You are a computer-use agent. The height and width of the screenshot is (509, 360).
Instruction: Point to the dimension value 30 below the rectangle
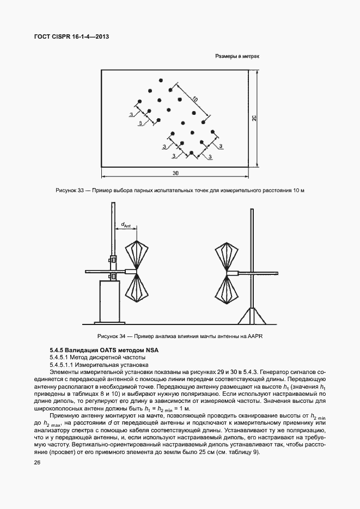coord(175,173)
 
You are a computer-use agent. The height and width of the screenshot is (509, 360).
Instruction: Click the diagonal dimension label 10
coord(194,99)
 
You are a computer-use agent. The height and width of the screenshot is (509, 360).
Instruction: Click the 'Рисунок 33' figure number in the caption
coord(69,190)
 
